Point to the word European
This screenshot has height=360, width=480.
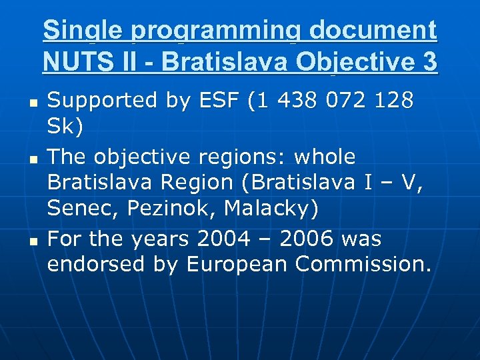click(x=237, y=265)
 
